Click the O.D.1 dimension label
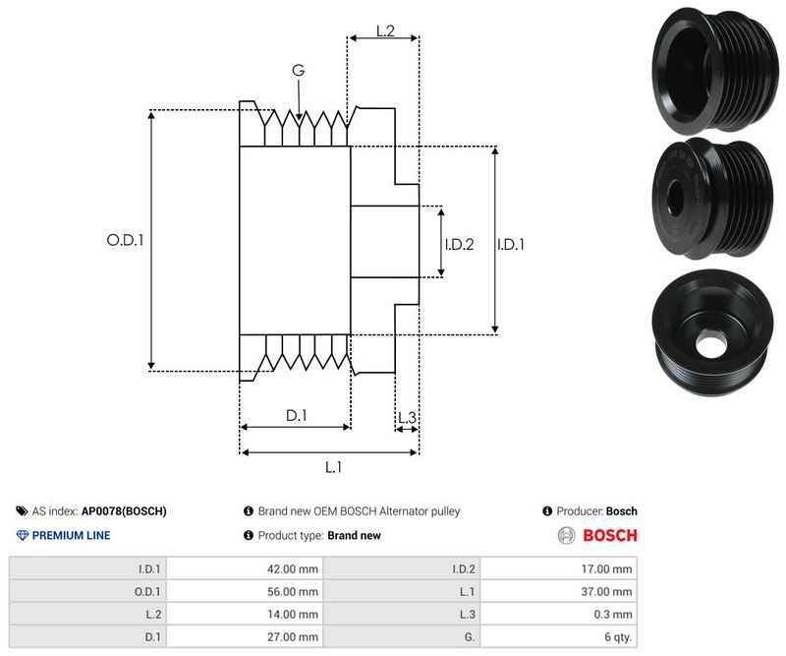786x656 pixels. (x=125, y=239)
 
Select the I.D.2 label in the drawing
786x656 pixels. (x=459, y=244)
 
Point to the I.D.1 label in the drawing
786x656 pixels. (x=511, y=244)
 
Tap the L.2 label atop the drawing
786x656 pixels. (x=385, y=32)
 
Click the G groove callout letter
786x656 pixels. (x=298, y=70)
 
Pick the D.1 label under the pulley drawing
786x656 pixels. (x=297, y=416)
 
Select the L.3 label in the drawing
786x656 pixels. (x=408, y=418)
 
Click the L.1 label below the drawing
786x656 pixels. (x=332, y=467)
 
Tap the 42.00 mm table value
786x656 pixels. (x=293, y=567)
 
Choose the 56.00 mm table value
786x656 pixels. (x=293, y=591)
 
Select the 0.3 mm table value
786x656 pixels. (x=615, y=615)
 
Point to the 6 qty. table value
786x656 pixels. (x=615, y=638)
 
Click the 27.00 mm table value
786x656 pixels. (x=293, y=638)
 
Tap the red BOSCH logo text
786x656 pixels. (x=610, y=536)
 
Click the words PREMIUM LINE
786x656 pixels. (x=71, y=536)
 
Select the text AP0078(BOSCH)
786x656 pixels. (x=124, y=511)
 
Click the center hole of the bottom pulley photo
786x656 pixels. (x=706, y=345)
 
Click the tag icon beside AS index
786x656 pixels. (x=23, y=511)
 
